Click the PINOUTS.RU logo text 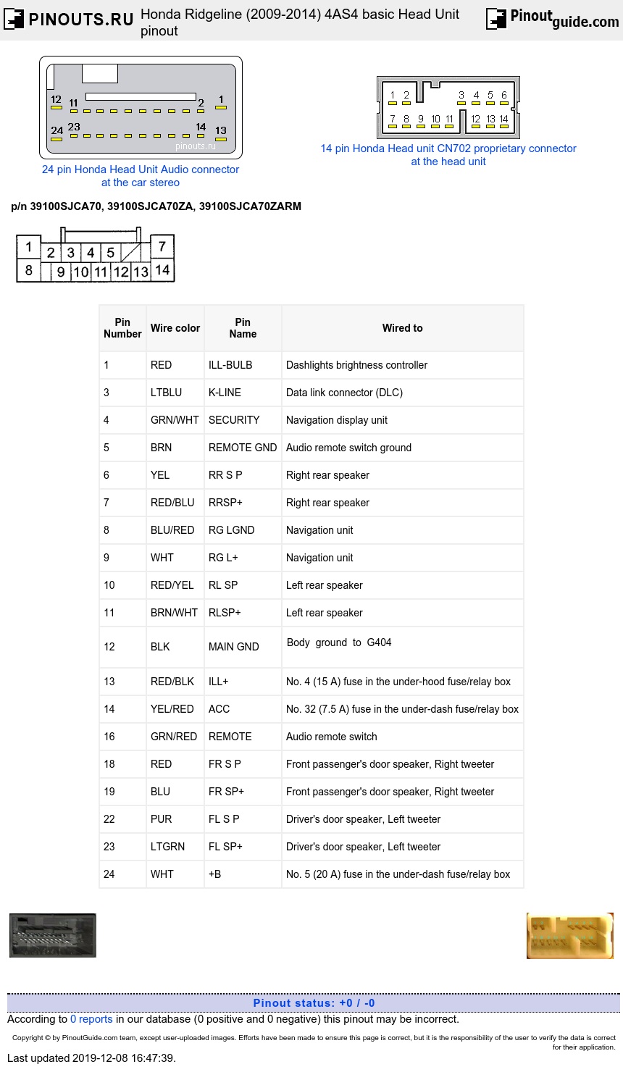click(x=80, y=20)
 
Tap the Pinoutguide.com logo click(x=552, y=19)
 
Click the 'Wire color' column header click(x=175, y=328)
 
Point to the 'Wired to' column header click(x=402, y=328)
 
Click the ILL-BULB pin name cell click(x=230, y=365)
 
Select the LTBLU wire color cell click(x=166, y=393)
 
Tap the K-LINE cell click(x=225, y=393)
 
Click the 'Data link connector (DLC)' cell click(x=344, y=393)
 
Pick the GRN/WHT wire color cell click(x=175, y=420)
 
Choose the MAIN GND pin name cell click(x=233, y=647)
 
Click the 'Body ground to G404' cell click(x=339, y=642)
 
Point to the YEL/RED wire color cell click(x=172, y=709)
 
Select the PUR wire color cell click(x=161, y=819)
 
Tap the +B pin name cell click(x=215, y=874)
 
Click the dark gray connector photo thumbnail click(x=53, y=935)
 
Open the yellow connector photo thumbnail click(x=569, y=935)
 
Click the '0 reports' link click(x=91, y=1019)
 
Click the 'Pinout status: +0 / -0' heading click(x=314, y=1003)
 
